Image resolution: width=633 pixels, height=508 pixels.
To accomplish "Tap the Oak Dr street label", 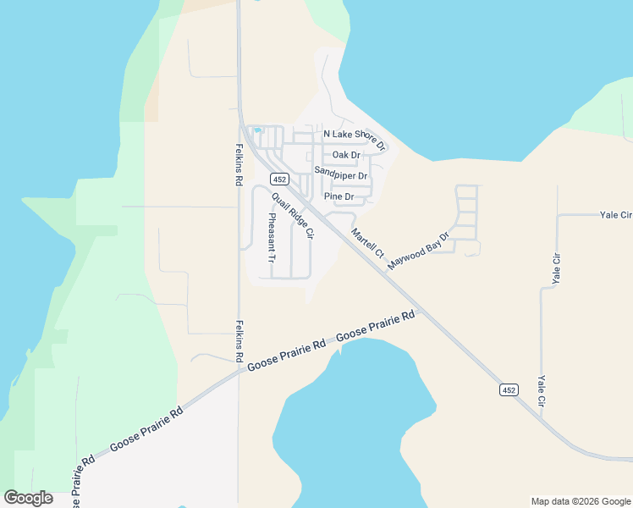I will pyautogui.click(x=346, y=155).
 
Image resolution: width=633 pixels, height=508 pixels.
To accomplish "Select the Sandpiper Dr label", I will pyautogui.click(x=341, y=174).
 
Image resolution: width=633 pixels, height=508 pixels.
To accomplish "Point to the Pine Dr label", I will pyautogui.click(x=339, y=196).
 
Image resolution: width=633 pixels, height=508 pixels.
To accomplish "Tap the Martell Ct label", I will pyautogui.click(x=367, y=242).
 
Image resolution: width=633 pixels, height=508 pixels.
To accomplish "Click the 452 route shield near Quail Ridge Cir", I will pyautogui.click(x=280, y=179).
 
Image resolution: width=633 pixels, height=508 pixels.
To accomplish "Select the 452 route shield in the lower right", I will pyautogui.click(x=508, y=389).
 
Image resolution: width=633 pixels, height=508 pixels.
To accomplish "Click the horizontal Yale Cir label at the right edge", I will pyautogui.click(x=615, y=216).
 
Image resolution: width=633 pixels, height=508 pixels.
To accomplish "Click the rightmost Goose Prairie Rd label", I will pyautogui.click(x=376, y=327).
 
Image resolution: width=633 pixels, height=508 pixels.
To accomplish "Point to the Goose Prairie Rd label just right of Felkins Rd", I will pyautogui.click(x=287, y=356).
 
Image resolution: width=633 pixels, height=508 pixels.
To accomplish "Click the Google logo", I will pyautogui.click(x=28, y=498).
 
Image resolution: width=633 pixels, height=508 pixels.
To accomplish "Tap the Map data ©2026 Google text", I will pyautogui.click(x=580, y=501).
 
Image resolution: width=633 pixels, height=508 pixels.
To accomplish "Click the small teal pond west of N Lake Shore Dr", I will pyautogui.click(x=257, y=130).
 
